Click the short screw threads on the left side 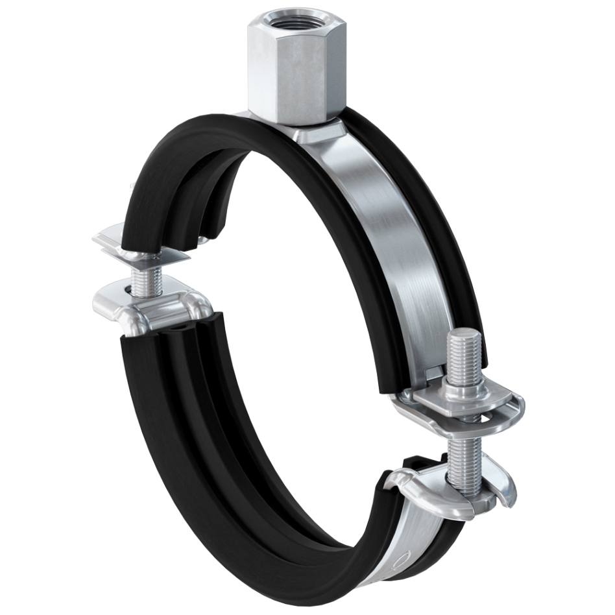[x=143, y=280]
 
